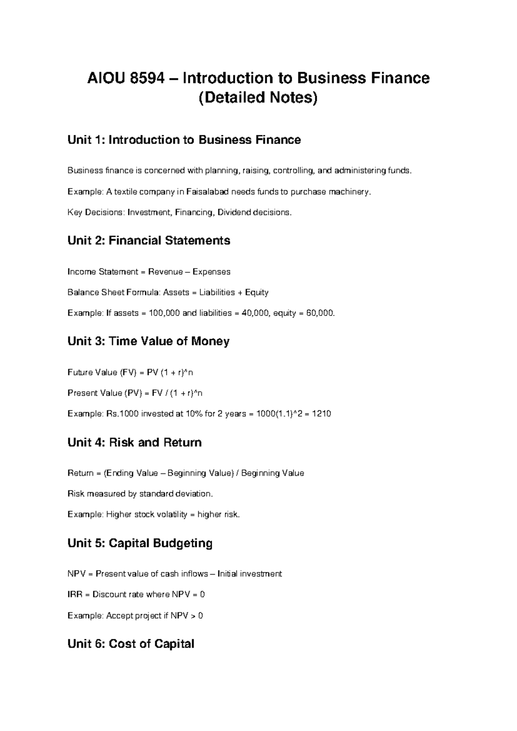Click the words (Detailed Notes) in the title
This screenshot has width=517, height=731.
click(258, 98)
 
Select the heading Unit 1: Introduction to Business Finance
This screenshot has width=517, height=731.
click(184, 140)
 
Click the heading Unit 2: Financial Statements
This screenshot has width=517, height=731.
click(149, 241)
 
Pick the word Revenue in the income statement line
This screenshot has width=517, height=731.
click(165, 272)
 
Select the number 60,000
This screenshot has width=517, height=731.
click(320, 313)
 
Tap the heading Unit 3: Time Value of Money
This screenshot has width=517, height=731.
click(148, 341)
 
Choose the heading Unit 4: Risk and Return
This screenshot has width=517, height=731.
click(134, 443)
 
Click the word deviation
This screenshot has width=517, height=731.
click(194, 494)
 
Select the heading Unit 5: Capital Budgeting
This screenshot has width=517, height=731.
click(140, 543)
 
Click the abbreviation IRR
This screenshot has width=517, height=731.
click(74, 595)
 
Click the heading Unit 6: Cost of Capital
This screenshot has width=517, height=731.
click(131, 644)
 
